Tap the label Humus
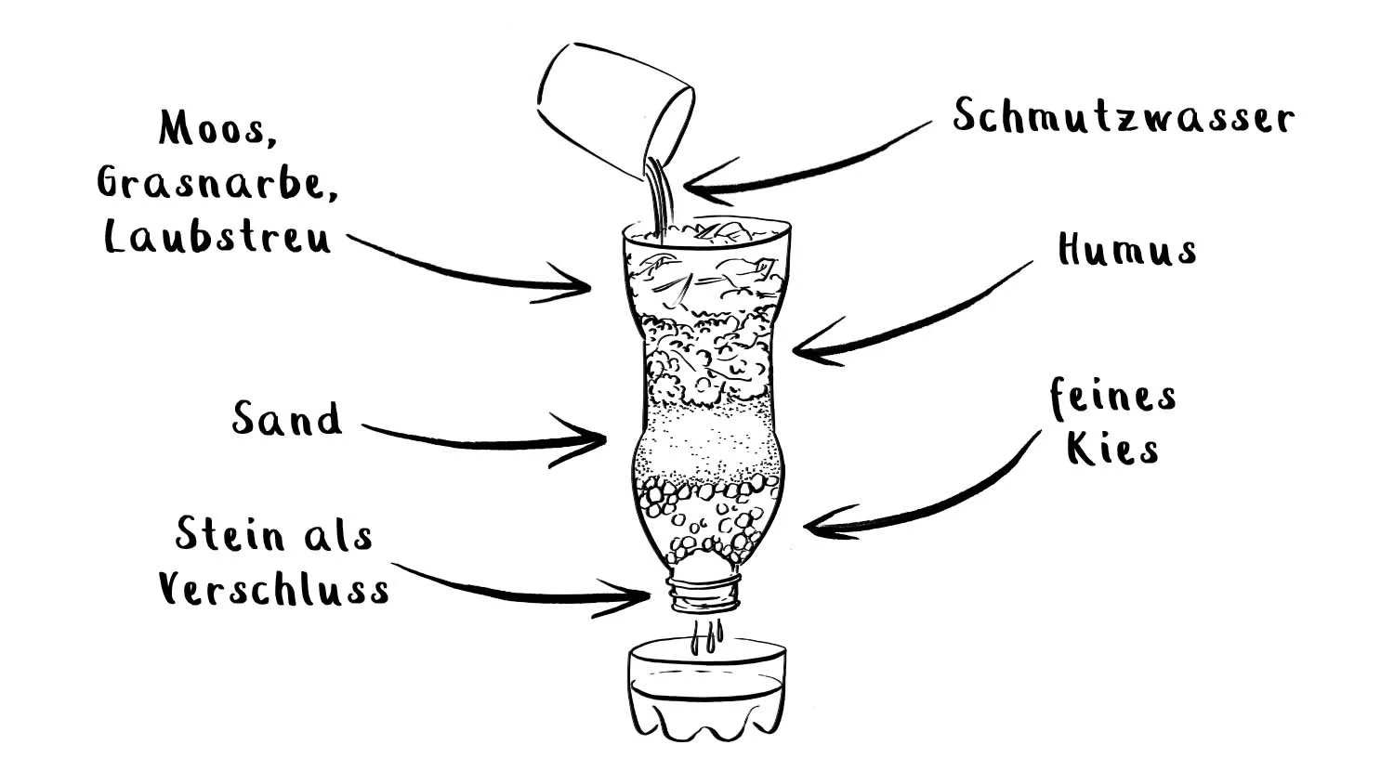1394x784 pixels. click(1126, 250)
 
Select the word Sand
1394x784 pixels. click(286, 420)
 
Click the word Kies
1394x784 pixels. click(1112, 449)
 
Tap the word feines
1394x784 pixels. click(1113, 398)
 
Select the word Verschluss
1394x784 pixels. click(273, 588)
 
